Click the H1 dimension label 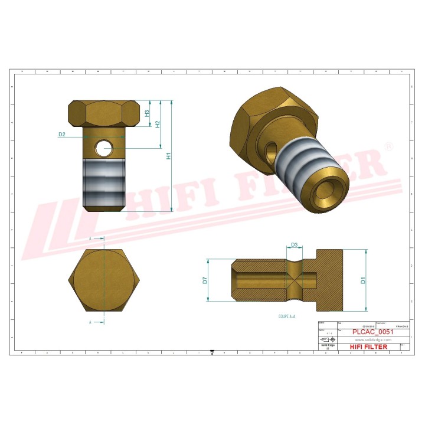coord(168,156)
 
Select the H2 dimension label coord(158,125)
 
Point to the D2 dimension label coord(61,135)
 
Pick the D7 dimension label coord(205,280)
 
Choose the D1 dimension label coord(364,280)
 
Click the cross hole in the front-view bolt coord(106,146)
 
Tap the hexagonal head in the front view coord(104,113)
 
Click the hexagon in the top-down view coord(104,281)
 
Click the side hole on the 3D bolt coord(271,151)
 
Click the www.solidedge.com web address coord(371,339)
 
